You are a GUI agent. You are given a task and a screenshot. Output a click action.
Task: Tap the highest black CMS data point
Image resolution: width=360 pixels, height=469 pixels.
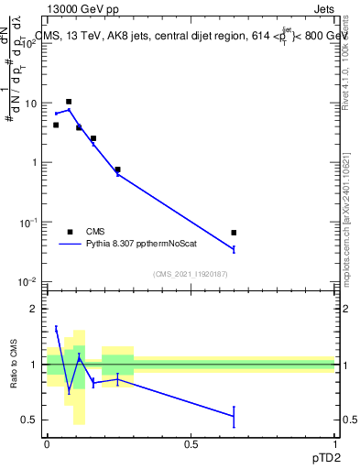pos(69,102)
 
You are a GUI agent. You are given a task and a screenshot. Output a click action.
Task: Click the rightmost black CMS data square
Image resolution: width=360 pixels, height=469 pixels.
pos(234,233)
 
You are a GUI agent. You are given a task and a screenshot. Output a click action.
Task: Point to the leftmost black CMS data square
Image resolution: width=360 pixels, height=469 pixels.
pos(56,125)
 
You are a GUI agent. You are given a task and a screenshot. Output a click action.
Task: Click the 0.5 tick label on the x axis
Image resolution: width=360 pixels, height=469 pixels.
pos(191,442)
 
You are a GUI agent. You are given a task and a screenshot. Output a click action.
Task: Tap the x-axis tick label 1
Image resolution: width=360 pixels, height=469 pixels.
pos(334,442)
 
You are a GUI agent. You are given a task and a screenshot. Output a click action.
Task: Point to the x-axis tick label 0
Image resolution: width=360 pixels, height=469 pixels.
pos(47,442)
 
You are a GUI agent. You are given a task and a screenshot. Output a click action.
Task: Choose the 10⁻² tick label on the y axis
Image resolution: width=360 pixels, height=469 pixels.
pos(29,281)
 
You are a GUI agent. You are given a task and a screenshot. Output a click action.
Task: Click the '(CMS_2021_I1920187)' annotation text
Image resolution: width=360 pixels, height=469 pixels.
pos(191,273)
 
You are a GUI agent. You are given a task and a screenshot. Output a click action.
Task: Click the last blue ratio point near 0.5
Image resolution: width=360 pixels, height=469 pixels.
pos(234,416)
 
